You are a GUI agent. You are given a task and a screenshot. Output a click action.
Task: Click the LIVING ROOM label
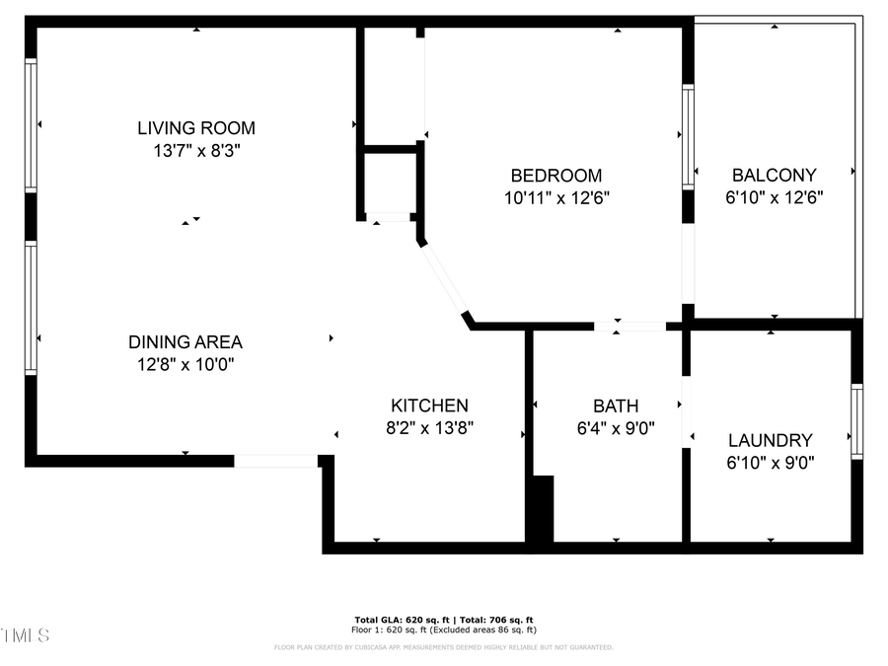195,127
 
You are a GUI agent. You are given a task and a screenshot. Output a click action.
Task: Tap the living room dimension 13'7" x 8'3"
195,151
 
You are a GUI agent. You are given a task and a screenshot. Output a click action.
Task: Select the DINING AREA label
185,342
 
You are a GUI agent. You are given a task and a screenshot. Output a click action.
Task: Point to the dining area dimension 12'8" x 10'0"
185,365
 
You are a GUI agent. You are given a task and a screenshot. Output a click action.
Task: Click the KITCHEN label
429,406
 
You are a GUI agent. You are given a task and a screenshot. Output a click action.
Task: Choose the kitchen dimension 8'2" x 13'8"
429,428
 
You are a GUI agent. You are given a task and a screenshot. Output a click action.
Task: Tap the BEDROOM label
555,176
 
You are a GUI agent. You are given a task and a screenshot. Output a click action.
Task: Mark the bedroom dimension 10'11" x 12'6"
555,197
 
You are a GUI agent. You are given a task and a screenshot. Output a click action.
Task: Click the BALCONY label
774,176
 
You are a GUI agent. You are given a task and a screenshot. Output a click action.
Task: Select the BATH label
616,406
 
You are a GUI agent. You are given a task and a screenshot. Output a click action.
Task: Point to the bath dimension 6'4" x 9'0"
616,428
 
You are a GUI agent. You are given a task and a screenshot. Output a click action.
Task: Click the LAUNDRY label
770,441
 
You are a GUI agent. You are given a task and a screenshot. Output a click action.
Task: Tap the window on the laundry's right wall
856,421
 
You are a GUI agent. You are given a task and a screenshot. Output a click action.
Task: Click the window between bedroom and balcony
688,136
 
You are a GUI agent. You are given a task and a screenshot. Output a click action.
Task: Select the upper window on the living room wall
31,125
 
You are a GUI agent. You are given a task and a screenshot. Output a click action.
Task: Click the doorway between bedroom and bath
629,326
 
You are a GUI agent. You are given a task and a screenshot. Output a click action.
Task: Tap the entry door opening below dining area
276,461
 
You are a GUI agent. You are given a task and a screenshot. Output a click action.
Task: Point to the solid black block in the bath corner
542,508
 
